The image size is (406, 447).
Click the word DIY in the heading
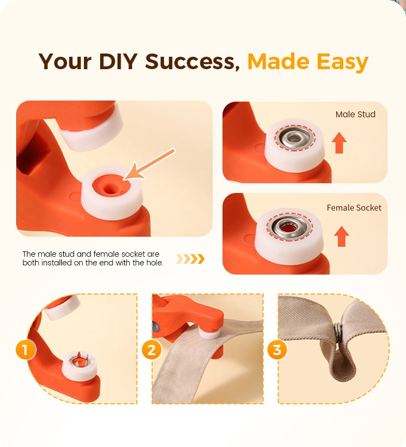click(x=118, y=61)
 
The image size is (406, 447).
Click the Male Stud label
click(x=355, y=114)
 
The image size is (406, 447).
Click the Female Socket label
click(x=354, y=208)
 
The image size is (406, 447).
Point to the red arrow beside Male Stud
click(x=339, y=143)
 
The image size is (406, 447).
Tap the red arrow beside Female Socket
click(x=342, y=236)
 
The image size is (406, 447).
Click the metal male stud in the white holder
click(x=294, y=138)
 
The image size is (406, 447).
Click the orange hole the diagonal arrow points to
click(x=109, y=188)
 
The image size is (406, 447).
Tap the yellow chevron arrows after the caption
click(x=191, y=259)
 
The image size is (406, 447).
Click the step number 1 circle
click(x=25, y=350)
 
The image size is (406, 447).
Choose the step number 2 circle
click(x=152, y=350)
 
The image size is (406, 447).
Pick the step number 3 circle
click(x=277, y=350)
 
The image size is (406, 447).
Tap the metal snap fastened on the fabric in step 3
click(x=338, y=332)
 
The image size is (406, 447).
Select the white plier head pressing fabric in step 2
click(x=210, y=333)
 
